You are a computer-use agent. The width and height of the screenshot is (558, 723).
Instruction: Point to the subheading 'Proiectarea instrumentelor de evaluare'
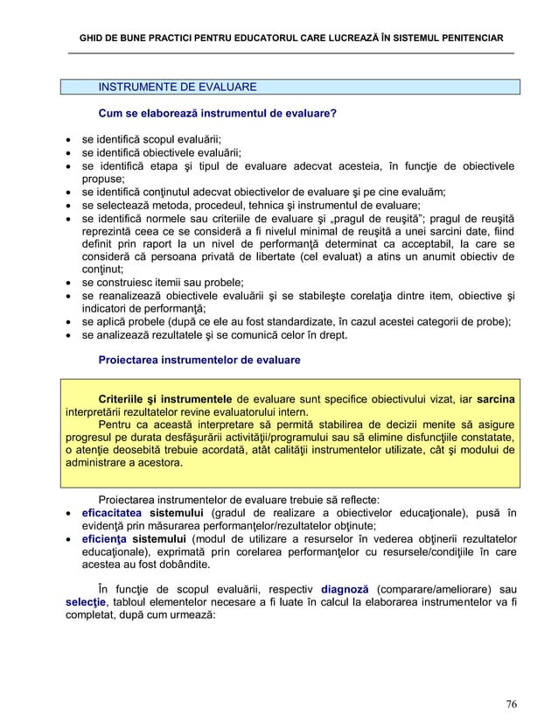tap(199, 360)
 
